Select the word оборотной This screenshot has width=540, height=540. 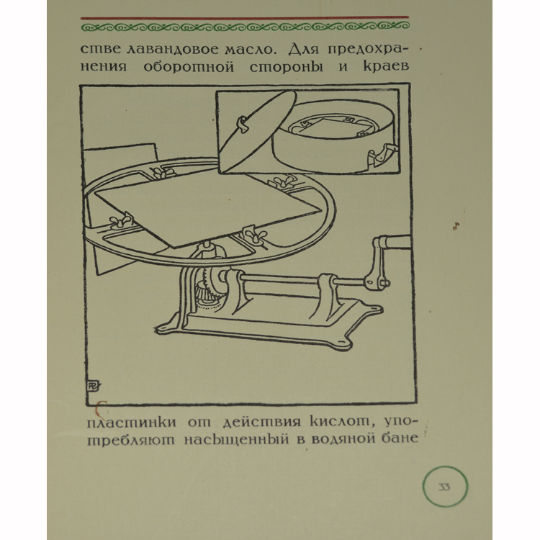189,66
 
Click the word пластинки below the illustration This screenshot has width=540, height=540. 131,422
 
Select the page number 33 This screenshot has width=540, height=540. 444,487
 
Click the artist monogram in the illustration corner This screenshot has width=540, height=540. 93,386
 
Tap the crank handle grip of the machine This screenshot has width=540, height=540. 395,241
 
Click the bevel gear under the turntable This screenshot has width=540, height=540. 207,287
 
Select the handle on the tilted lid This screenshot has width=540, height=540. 243,124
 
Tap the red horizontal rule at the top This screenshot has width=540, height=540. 245,17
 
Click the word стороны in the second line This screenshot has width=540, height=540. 286,66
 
